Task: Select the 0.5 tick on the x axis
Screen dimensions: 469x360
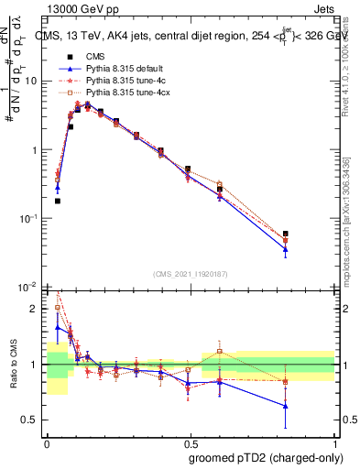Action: click(x=190, y=440)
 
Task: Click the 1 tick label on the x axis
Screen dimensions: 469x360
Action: click(x=334, y=440)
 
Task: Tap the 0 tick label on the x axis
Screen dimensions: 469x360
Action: click(x=46, y=440)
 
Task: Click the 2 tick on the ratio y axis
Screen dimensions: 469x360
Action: click(x=37, y=309)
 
